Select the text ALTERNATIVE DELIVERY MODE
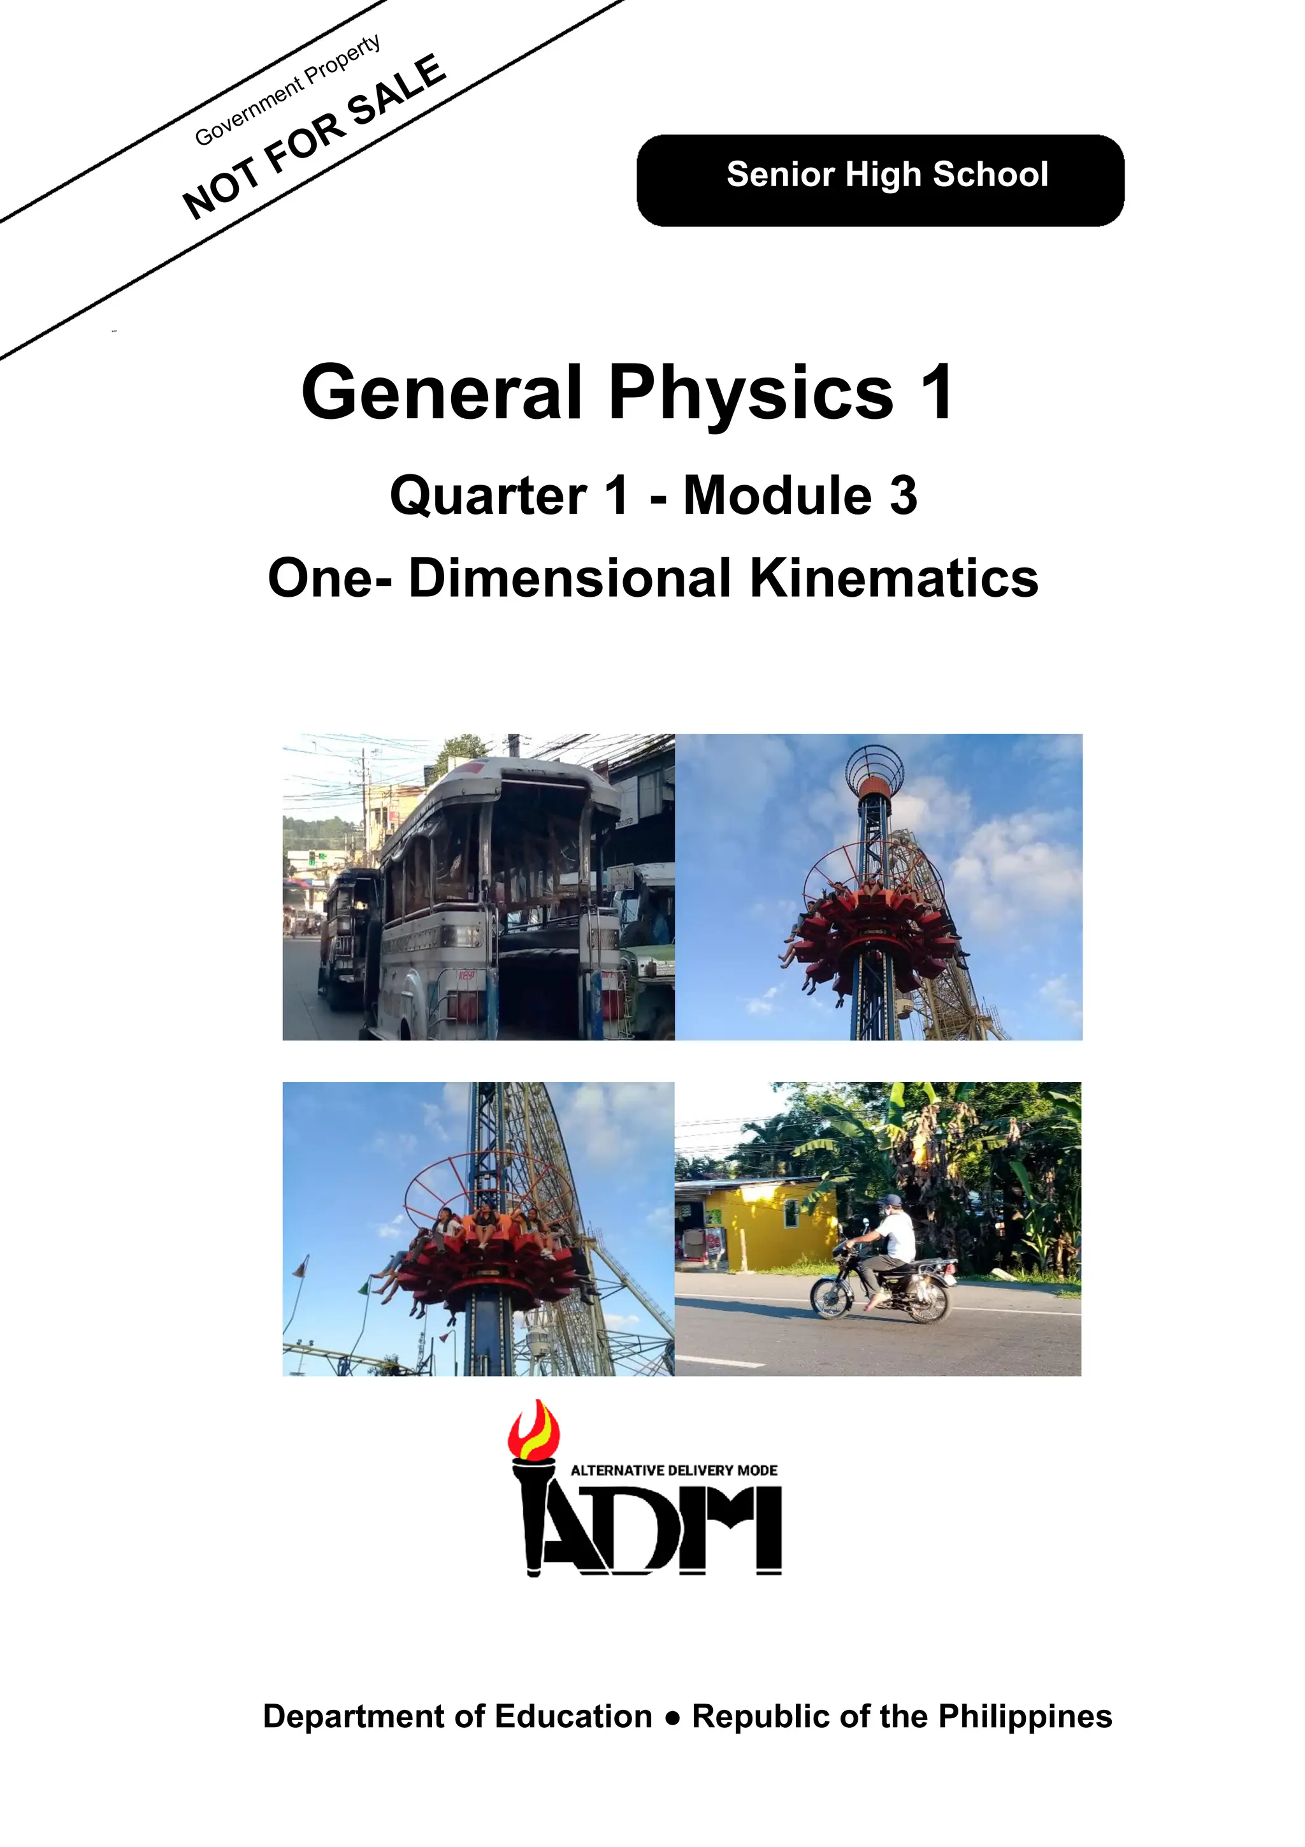coord(674,1470)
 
